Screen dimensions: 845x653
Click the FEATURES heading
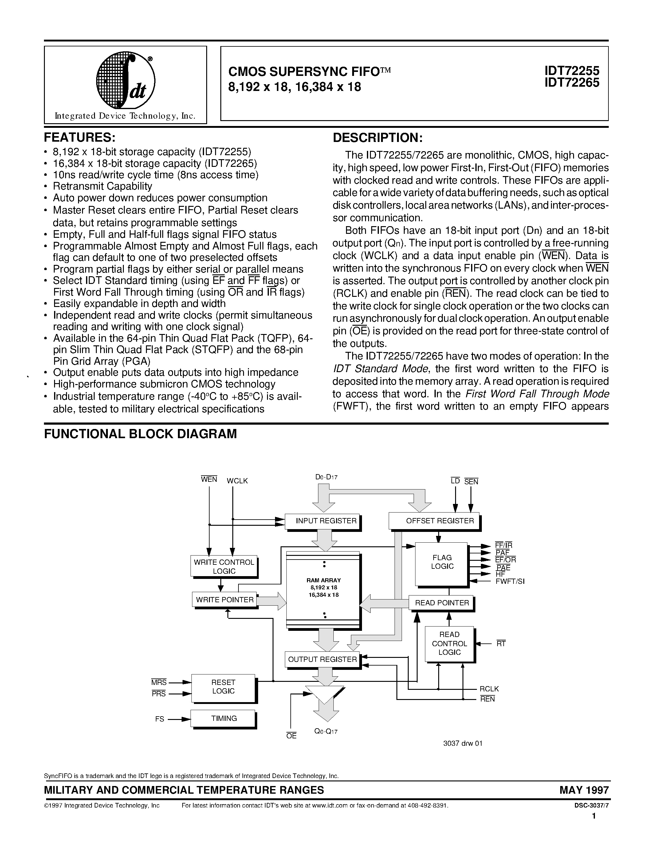pyautogui.click(x=80, y=137)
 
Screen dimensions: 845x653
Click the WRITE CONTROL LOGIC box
pyautogui.click(x=224, y=566)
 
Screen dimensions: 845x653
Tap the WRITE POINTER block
pyautogui.click(x=225, y=600)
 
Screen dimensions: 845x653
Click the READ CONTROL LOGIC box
pyautogui.click(x=449, y=643)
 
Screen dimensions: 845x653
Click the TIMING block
pyautogui.click(x=224, y=718)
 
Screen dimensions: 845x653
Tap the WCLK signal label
pyautogui.click(x=237, y=481)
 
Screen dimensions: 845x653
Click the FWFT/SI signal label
pyautogui.click(x=510, y=581)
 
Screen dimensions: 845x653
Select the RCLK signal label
pyautogui.click(x=489, y=689)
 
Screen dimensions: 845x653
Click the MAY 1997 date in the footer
pyautogui.click(x=584, y=790)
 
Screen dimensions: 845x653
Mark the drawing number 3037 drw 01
pyautogui.click(x=463, y=743)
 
